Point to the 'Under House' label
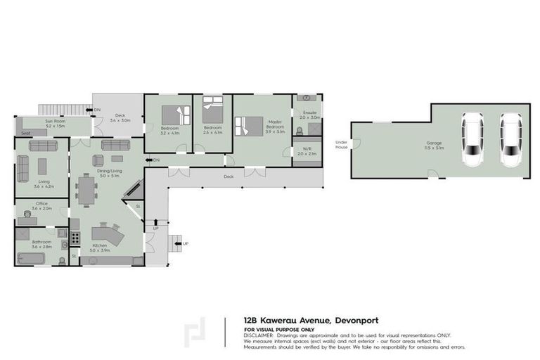tap(342, 146)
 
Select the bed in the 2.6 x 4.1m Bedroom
tap(213, 110)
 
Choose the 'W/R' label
tap(307, 149)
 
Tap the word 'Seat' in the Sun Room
tap(25, 133)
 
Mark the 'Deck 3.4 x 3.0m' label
tap(120, 117)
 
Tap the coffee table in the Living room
tap(43, 166)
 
